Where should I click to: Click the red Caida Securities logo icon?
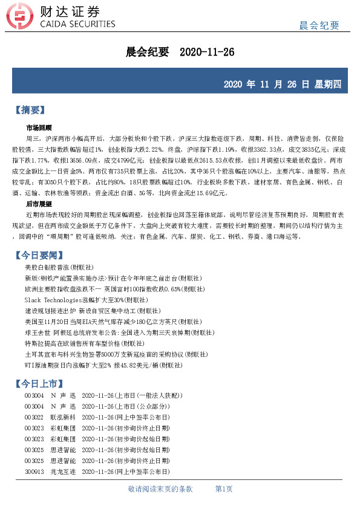pyautogui.click(x=23, y=17)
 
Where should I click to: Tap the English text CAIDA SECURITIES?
pyautogui.click(x=77, y=25)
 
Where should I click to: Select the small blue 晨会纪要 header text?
pyautogui.click(x=319, y=25)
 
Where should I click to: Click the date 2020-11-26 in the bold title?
pyautogui.click(x=207, y=53)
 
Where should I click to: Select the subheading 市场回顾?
pyautogui.click(x=39, y=128)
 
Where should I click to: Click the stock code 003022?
pyautogui.click(x=34, y=417)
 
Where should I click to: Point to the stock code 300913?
pyautogui.click(x=34, y=472)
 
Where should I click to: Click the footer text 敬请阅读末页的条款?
pyautogui.click(x=160, y=488)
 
